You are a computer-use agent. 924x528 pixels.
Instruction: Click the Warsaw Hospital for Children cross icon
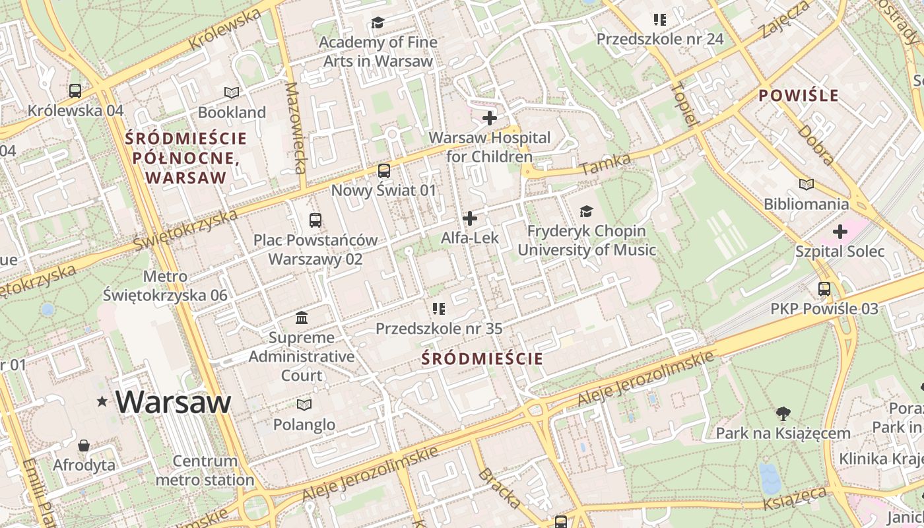tap(490, 118)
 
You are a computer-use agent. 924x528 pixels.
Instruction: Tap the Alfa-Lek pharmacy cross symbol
tap(470, 218)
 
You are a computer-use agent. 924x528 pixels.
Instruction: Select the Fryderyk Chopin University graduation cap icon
tap(586, 211)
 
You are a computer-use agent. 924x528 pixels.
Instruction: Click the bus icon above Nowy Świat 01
tap(384, 171)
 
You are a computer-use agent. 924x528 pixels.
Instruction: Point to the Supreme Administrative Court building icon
tap(302, 318)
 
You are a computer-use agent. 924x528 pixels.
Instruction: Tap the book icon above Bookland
tap(232, 92)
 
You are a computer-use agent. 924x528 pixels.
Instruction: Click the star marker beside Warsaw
tap(102, 401)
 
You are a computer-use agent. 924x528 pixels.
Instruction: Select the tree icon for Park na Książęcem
tap(783, 414)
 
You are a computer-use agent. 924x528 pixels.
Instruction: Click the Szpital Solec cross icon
tap(840, 232)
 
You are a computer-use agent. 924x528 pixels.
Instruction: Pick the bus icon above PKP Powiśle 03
tap(824, 288)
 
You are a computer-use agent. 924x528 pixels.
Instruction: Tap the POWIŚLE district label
tap(798, 96)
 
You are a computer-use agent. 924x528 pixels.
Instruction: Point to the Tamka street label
tap(606, 164)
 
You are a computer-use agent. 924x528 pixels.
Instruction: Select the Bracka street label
tap(498, 488)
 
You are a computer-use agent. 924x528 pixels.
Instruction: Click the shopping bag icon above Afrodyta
tap(84, 445)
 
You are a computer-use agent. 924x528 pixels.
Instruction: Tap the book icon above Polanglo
tap(304, 405)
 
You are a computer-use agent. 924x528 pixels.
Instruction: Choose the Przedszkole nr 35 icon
tap(439, 308)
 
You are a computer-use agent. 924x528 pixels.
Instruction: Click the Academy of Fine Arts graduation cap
tap(378, 23)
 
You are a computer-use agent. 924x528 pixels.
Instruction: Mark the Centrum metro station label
tap(205, 471)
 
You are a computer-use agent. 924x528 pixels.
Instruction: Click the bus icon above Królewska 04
tap(75, 90)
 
